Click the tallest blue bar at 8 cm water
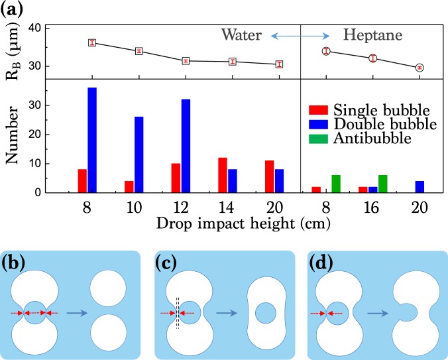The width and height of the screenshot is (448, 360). tap(92, 140)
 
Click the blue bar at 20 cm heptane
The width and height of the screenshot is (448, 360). tap(419, 187)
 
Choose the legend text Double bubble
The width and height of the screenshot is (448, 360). tap(385, 124)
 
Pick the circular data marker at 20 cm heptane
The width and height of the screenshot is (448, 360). tap(420, 68)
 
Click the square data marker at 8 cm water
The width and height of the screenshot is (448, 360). tap(92, 42)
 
